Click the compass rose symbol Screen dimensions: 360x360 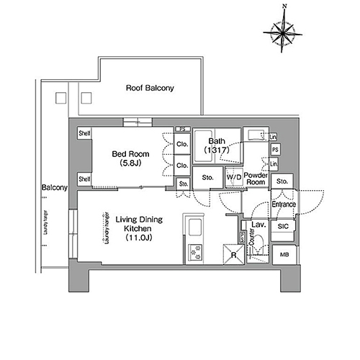pos(285,31)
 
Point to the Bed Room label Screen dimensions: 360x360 pos(129,153)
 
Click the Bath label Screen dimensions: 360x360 pos(217,140)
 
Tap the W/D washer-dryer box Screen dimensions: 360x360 pos(233,177)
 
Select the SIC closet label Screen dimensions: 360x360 pos(283,227)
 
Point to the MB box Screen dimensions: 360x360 pos(284,255)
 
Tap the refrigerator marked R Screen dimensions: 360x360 pos(234,254)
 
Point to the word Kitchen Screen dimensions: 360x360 pos(137,228)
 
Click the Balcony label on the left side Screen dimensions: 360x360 pos(54,188)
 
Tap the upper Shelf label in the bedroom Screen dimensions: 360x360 pos(84,133)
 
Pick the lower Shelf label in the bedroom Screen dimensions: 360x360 pos(84,179)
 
